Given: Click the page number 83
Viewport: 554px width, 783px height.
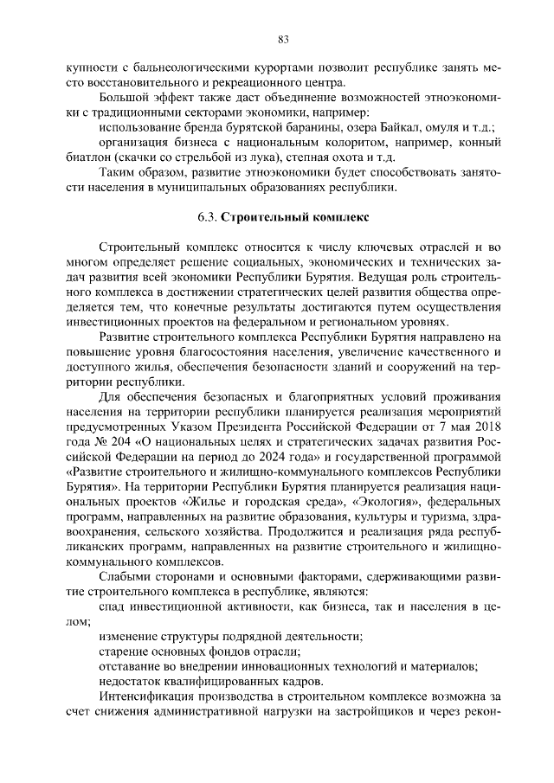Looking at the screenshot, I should [282, 38].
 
